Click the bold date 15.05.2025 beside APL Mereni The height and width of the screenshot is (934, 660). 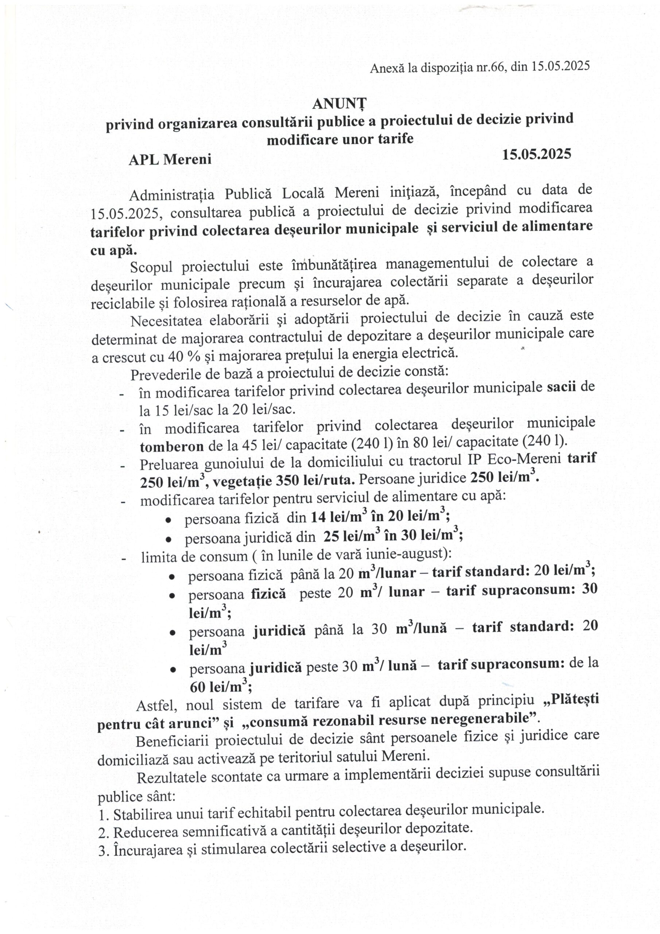[x=536, y=154]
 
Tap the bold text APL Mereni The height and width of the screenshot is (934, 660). [x=170, y=159]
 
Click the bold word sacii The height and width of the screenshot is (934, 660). [x=562, y=386]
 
